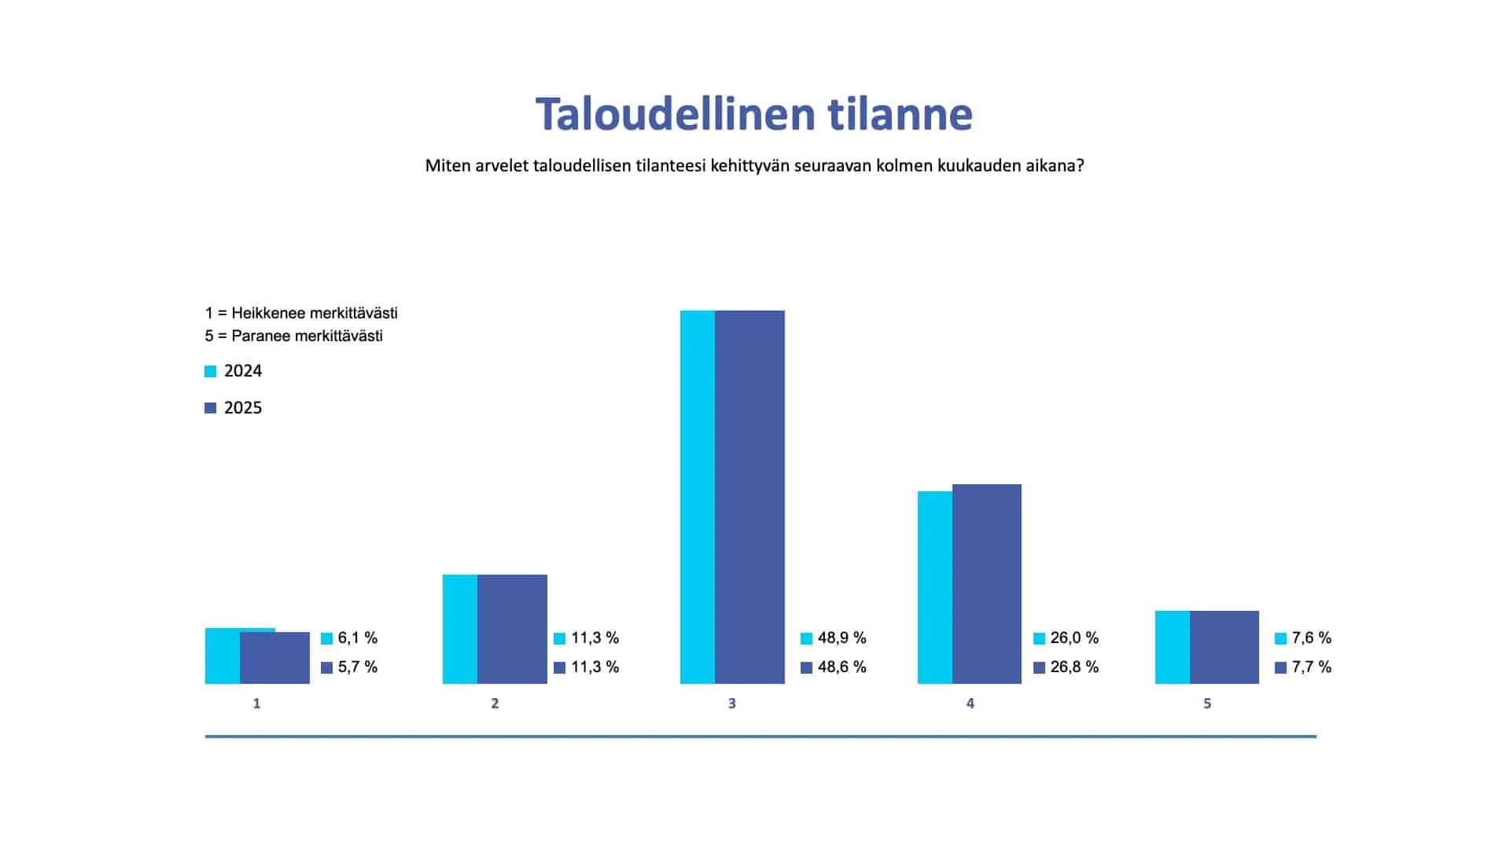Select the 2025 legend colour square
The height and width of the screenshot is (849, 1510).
210,408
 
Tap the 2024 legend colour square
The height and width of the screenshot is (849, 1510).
210,372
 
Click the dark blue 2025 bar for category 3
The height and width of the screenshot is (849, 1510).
749,497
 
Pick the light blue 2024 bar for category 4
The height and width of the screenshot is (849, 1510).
935,587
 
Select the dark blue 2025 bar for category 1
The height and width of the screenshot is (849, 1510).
274,658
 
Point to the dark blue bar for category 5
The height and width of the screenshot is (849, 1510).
1224,647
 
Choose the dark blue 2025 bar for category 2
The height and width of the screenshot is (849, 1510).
512,629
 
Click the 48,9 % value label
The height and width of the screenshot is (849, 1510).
842,638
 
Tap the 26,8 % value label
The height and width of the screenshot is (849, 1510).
1074,667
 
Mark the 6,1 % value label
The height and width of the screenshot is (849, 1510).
358,638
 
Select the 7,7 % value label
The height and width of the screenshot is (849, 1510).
1312,667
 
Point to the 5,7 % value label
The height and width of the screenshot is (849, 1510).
358,667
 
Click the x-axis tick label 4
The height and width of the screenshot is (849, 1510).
970,704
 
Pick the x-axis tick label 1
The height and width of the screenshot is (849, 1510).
256,704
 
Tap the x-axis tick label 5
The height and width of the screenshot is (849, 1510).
1207,704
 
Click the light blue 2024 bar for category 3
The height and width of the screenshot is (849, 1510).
698,497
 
